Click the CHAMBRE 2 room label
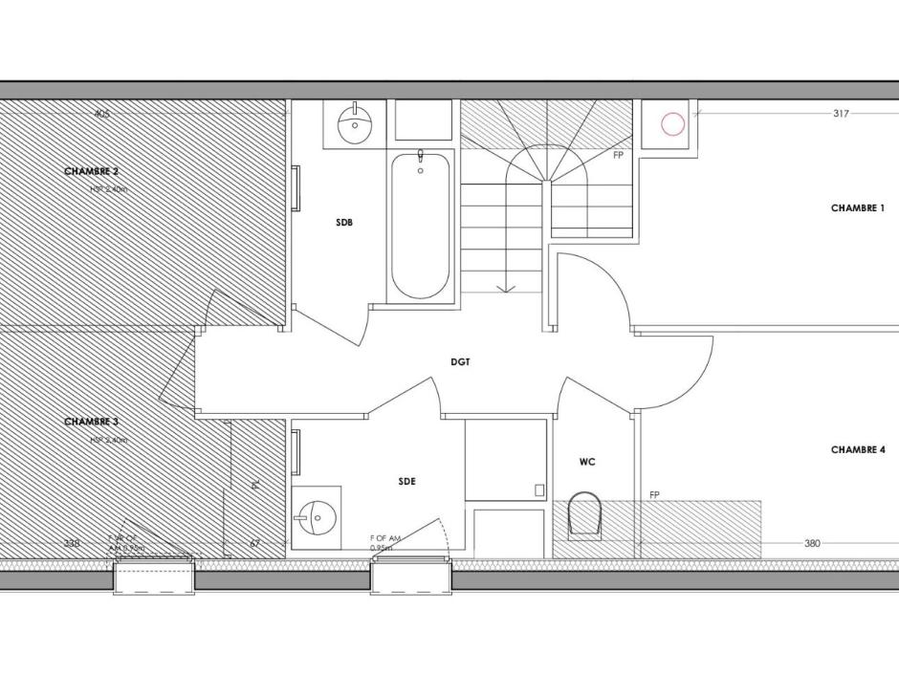click(x=91, y=171)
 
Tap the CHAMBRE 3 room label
click(x=91, y=422)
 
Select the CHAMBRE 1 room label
click(x=858, y=207)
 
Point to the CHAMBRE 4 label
click(x=858, y=449)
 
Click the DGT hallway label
click(x=461, y=362)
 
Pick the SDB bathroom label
click(x=344, y=223)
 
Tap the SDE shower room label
click(x=407, y=482)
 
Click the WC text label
click(x=587, y=462)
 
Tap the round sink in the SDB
click(x=356, y=123)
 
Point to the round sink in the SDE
click(x=314, y=517)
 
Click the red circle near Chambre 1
click(x=673, y=124)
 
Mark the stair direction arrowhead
click(x=506, y=288)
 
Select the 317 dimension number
click(x=841, y=114)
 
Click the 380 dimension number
click(x=812, y=544)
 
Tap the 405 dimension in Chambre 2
click(x=102, y=114)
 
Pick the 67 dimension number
click(x=254, y=544)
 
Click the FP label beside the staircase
click(x=618, y=154)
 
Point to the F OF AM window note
click(x=384, y=539)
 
